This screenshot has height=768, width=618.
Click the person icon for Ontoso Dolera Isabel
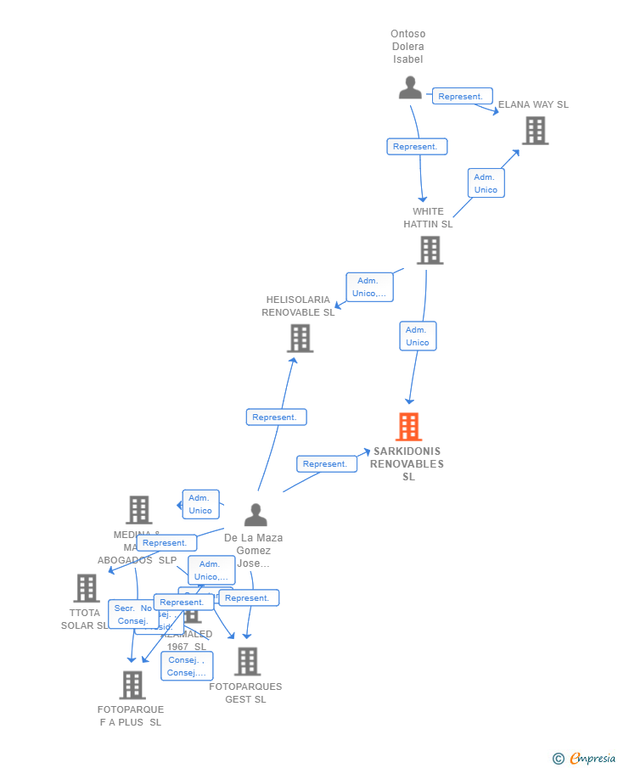point(410,88)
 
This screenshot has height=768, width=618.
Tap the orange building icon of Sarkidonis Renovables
point(408,427)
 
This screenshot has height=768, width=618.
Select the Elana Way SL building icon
point(535,131)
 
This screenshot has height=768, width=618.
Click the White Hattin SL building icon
point(430,250)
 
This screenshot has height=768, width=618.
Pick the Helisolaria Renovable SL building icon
point(300,338)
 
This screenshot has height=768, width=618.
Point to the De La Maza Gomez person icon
point(255,515)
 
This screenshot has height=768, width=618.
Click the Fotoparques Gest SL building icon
point(247,661)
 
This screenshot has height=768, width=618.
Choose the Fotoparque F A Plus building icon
point(132,685)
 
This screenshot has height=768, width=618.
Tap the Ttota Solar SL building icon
point(87,588)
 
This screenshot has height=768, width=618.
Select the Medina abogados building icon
point(139,510)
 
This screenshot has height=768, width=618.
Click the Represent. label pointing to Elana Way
point(462,97)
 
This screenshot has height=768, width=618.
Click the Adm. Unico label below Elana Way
point(486,183)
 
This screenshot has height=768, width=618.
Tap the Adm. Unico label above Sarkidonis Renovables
point(418,336)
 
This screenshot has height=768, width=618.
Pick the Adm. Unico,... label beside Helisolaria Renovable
point(369,287)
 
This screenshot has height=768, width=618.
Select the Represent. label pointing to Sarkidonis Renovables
point(326,464)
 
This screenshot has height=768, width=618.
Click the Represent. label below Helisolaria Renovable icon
point(276,418)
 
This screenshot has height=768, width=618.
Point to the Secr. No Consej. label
point(133,614)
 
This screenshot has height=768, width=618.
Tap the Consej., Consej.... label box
point(187,666)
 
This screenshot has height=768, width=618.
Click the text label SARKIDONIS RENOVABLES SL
point(407,463)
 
